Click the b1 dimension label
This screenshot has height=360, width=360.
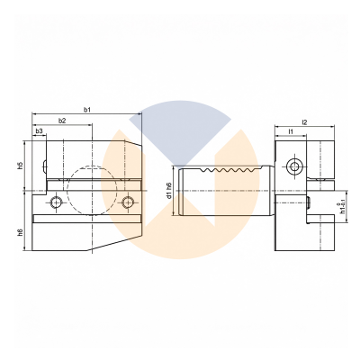[87, 110]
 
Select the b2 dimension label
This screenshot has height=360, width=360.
[62, 121]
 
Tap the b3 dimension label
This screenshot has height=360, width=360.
[39, 131]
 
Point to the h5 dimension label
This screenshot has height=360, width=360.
[20, 166]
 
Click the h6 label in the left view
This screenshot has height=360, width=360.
[20, 232]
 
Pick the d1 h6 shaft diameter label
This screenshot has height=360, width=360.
[169, 190]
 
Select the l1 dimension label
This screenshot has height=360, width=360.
[291, 131]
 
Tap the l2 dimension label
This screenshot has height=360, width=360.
[304, 122]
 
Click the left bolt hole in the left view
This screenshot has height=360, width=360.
[56, 202]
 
